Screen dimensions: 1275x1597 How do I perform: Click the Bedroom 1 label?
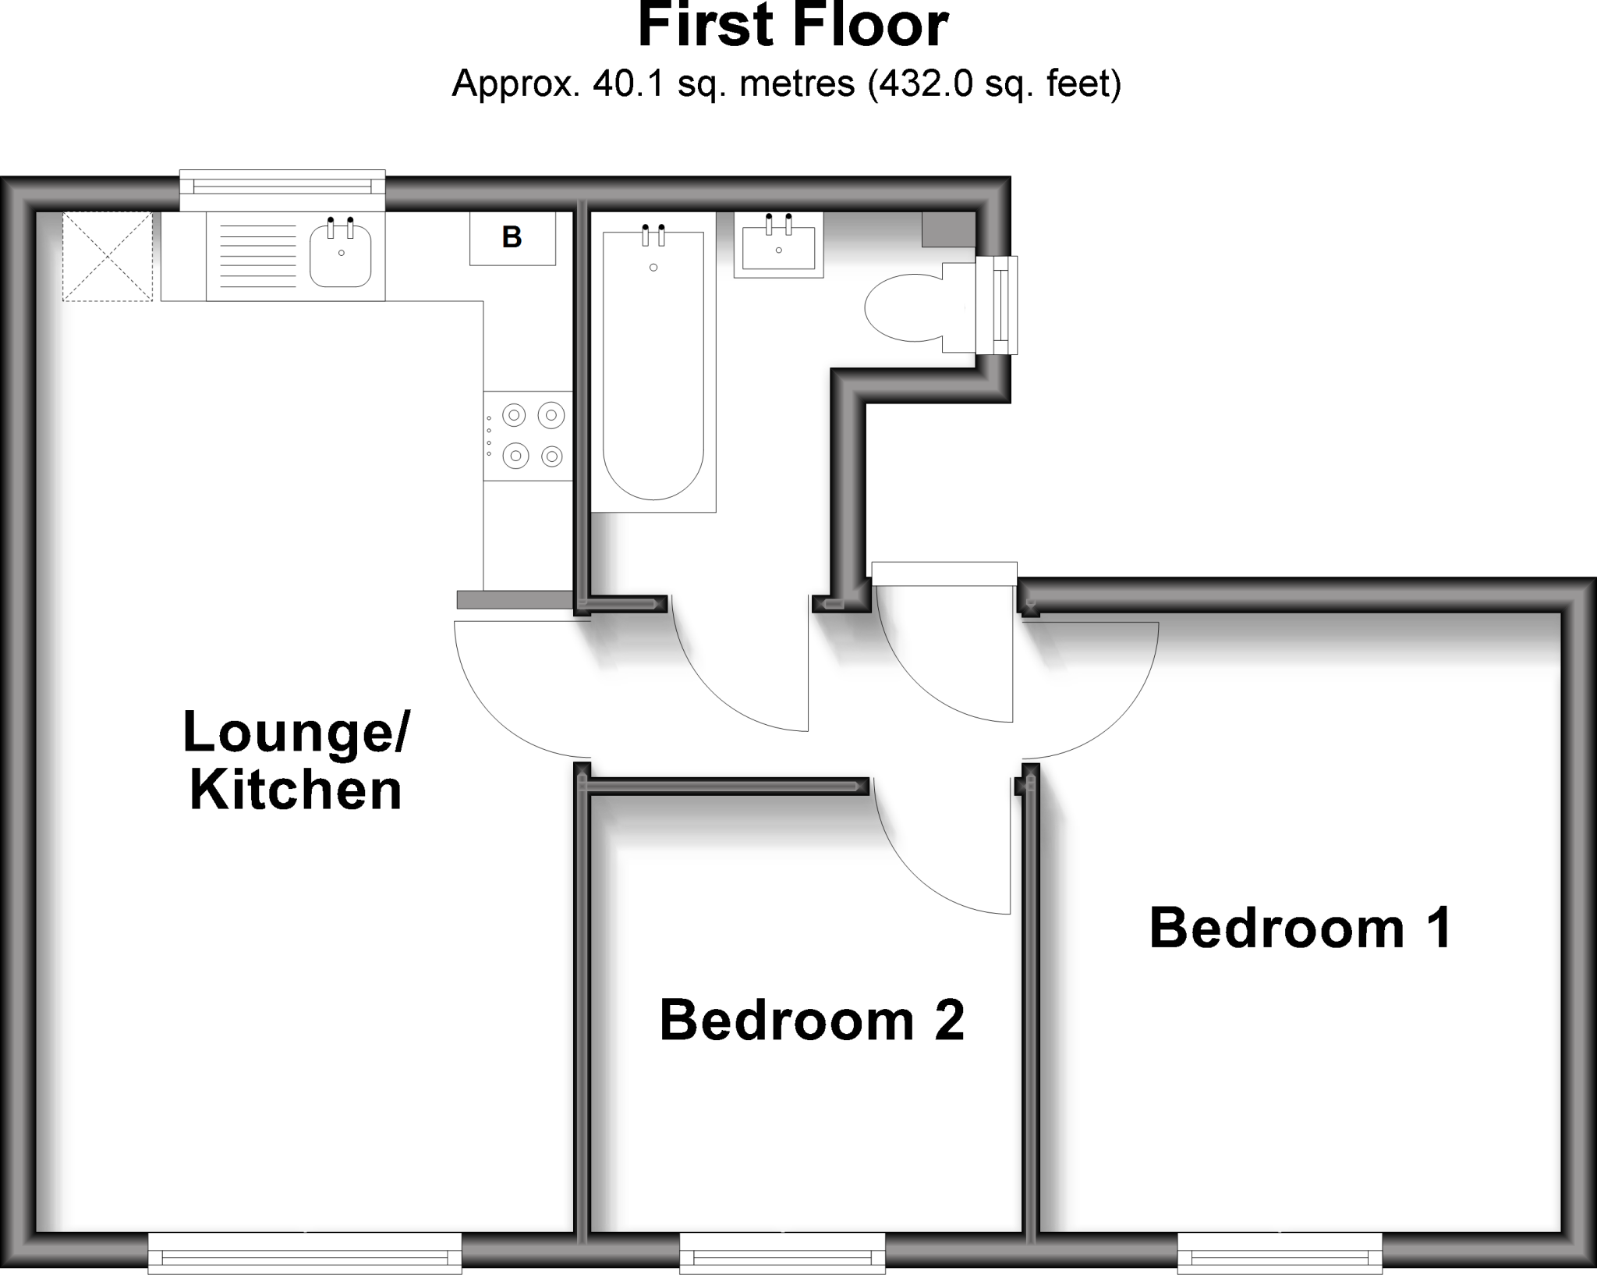1300,929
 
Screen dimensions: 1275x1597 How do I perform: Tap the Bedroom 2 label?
812,1021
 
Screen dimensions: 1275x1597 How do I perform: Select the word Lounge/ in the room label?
296,732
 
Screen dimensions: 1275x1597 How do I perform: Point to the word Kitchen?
296,790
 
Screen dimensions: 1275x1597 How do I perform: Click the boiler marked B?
512,238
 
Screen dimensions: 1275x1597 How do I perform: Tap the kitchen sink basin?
341,256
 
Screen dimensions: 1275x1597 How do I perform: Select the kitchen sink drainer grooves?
258,256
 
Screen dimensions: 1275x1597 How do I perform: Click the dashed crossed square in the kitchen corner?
108,256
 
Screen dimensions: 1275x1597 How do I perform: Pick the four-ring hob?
528,436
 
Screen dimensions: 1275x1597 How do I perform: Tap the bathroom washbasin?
778,247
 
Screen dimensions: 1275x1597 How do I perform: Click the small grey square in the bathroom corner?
948,229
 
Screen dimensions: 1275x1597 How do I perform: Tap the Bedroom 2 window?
782,1257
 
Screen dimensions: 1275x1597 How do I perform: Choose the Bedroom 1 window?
1280,1257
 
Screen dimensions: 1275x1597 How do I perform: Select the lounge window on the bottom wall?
305,1257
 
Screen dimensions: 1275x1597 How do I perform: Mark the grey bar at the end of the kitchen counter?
515,599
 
